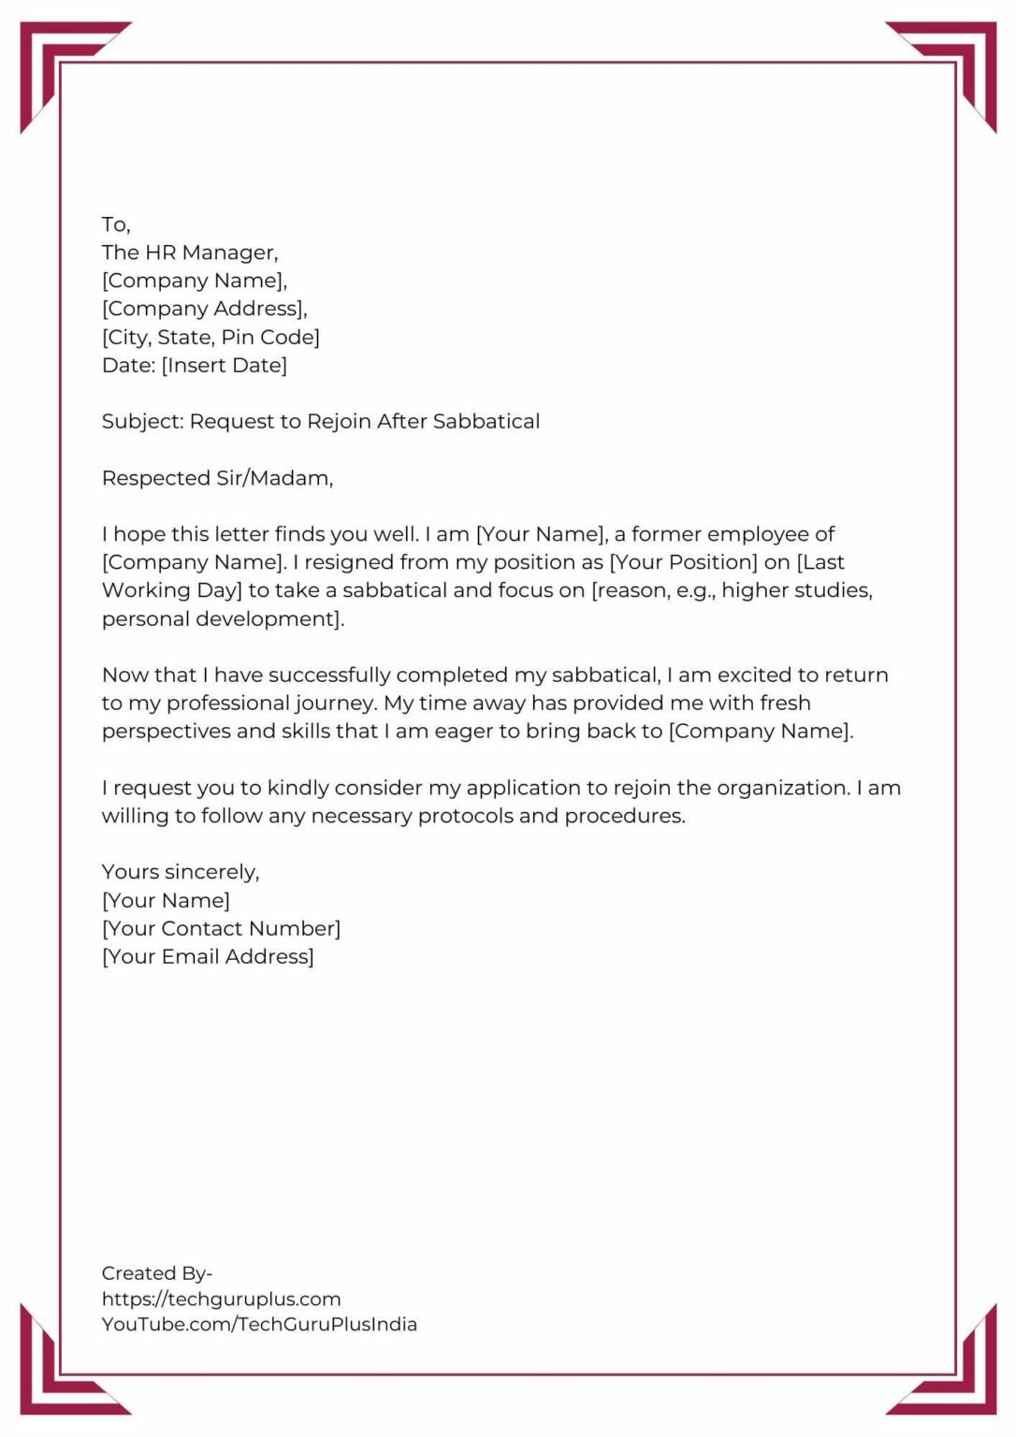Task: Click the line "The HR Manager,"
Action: [x=190, y=253]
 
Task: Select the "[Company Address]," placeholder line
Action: [x=204, y=309]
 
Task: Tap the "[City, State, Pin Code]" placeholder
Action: [x=210, y=337]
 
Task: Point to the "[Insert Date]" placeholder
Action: [x=225, y=365]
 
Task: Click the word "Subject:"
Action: [x=143, y=422]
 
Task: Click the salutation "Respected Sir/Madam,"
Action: [x=217, y=478]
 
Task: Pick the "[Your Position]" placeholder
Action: [x=683, y=562]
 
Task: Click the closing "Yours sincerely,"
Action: [x=181, y=872]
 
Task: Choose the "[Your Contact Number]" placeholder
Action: [x=221, y=929]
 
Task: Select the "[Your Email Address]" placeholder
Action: [x=208, y=957]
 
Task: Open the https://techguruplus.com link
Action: [x=221, y=1299]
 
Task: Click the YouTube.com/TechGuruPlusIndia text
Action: [x=259, y=1325]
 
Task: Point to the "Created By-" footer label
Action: [x=156, y=1273]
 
